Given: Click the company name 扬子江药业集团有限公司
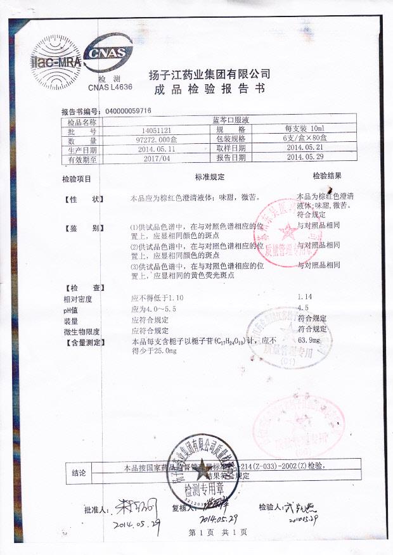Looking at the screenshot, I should pos(209,74).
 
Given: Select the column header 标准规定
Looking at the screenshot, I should pos(210,179).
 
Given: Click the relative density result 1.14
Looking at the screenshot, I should pos(306,297).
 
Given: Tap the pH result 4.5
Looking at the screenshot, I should pos(302,309).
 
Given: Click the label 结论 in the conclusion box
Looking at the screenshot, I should pos(81,472).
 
